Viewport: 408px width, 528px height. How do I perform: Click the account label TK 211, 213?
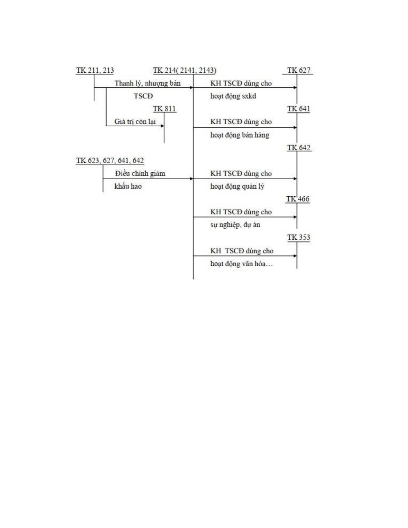(x=95, y=70)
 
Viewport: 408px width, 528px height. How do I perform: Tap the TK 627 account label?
(x=299, y=70)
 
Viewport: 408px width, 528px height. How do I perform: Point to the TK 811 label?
(x=165, y=109)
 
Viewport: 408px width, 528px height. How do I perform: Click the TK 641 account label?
(x=299, y=109)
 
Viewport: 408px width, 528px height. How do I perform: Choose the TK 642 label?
(x=299, y=148)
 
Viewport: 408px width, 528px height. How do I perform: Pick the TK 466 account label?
(x=298, y=199)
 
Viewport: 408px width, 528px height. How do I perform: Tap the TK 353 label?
(x=299, y=237)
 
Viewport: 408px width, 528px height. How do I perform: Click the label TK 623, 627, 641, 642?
(x=110, y=160)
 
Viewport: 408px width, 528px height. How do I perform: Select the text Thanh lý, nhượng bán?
(x=148, y=83)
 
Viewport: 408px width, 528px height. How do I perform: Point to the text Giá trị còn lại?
(x=135, y=122)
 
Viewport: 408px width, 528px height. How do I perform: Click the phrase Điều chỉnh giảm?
(x=140, y=173)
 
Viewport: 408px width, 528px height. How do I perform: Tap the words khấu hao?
(x=128, y=186)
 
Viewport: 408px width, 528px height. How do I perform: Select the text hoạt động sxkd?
(x=233, y=96)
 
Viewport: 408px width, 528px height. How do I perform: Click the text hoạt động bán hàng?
(x=240, y=135)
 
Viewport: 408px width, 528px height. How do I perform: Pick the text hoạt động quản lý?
(x=237, y=186)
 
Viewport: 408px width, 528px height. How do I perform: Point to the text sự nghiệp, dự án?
(x=235, y=225)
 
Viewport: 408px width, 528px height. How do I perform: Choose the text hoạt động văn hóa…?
(x=242, y=264)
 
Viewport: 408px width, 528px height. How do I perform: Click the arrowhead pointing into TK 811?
(x=163, y=126)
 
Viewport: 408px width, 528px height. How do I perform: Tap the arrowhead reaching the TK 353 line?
(x=295, y=256)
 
